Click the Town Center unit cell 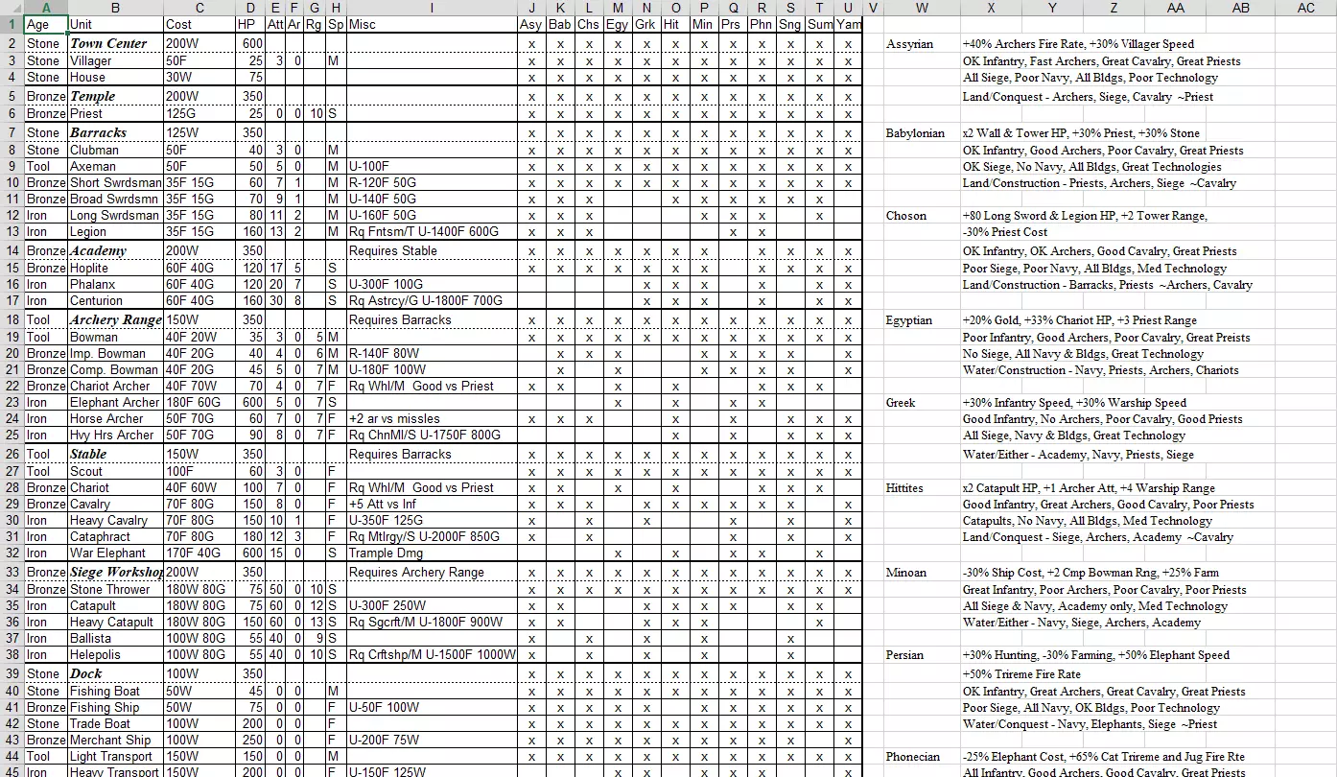pos(108,43)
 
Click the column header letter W pos(921,8)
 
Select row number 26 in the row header pos(12,454)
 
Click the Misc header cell pos(363,24)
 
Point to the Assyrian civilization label pos(909,44)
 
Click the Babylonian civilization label pos(915,133)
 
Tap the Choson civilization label pos(905,216)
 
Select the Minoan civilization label pos(906,573)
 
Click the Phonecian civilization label pos(913,757)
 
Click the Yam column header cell pos(848,24)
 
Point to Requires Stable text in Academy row pos(392,250)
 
